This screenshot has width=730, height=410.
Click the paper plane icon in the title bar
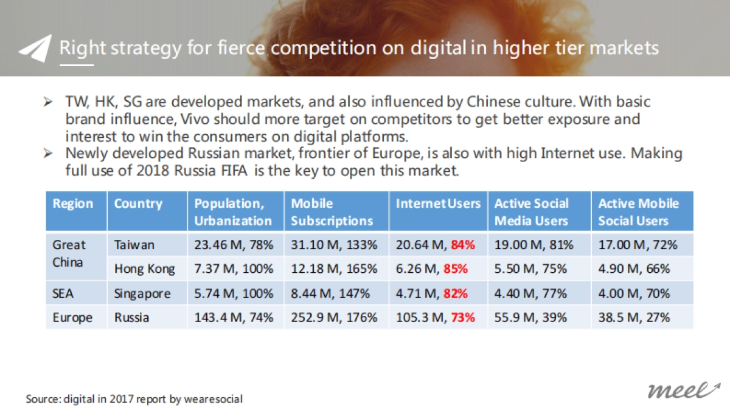pyautogui.click(x=35, y=49)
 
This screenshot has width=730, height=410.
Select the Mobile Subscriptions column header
pyautogui.click(x=332, y=212)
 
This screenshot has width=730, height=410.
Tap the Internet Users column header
pyautogui.click(x=438, y=203)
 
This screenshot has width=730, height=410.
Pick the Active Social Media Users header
pyautogui.click(x=532, y=212)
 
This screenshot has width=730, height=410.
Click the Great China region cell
pyautogui.click(x=69, y=255)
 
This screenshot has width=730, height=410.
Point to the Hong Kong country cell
pyautogui.click(x=145, y=268)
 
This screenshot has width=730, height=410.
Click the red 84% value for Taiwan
pyautogui.click(x=463, y=245)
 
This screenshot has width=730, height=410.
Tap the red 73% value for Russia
pyautogui.click(x=463, y=317)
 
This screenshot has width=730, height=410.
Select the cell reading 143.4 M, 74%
pyautogui.click(x=234, y=317)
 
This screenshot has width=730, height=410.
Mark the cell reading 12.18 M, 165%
pyautogui.click(x=334, y=268)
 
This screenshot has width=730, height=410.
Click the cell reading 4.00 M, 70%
pyautogui.click(x=634, y=293)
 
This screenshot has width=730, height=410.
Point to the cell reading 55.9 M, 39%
pyautogui.click(x=530, y=317)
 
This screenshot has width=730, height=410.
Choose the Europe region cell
pyautogui.click(x=73, y=317)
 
